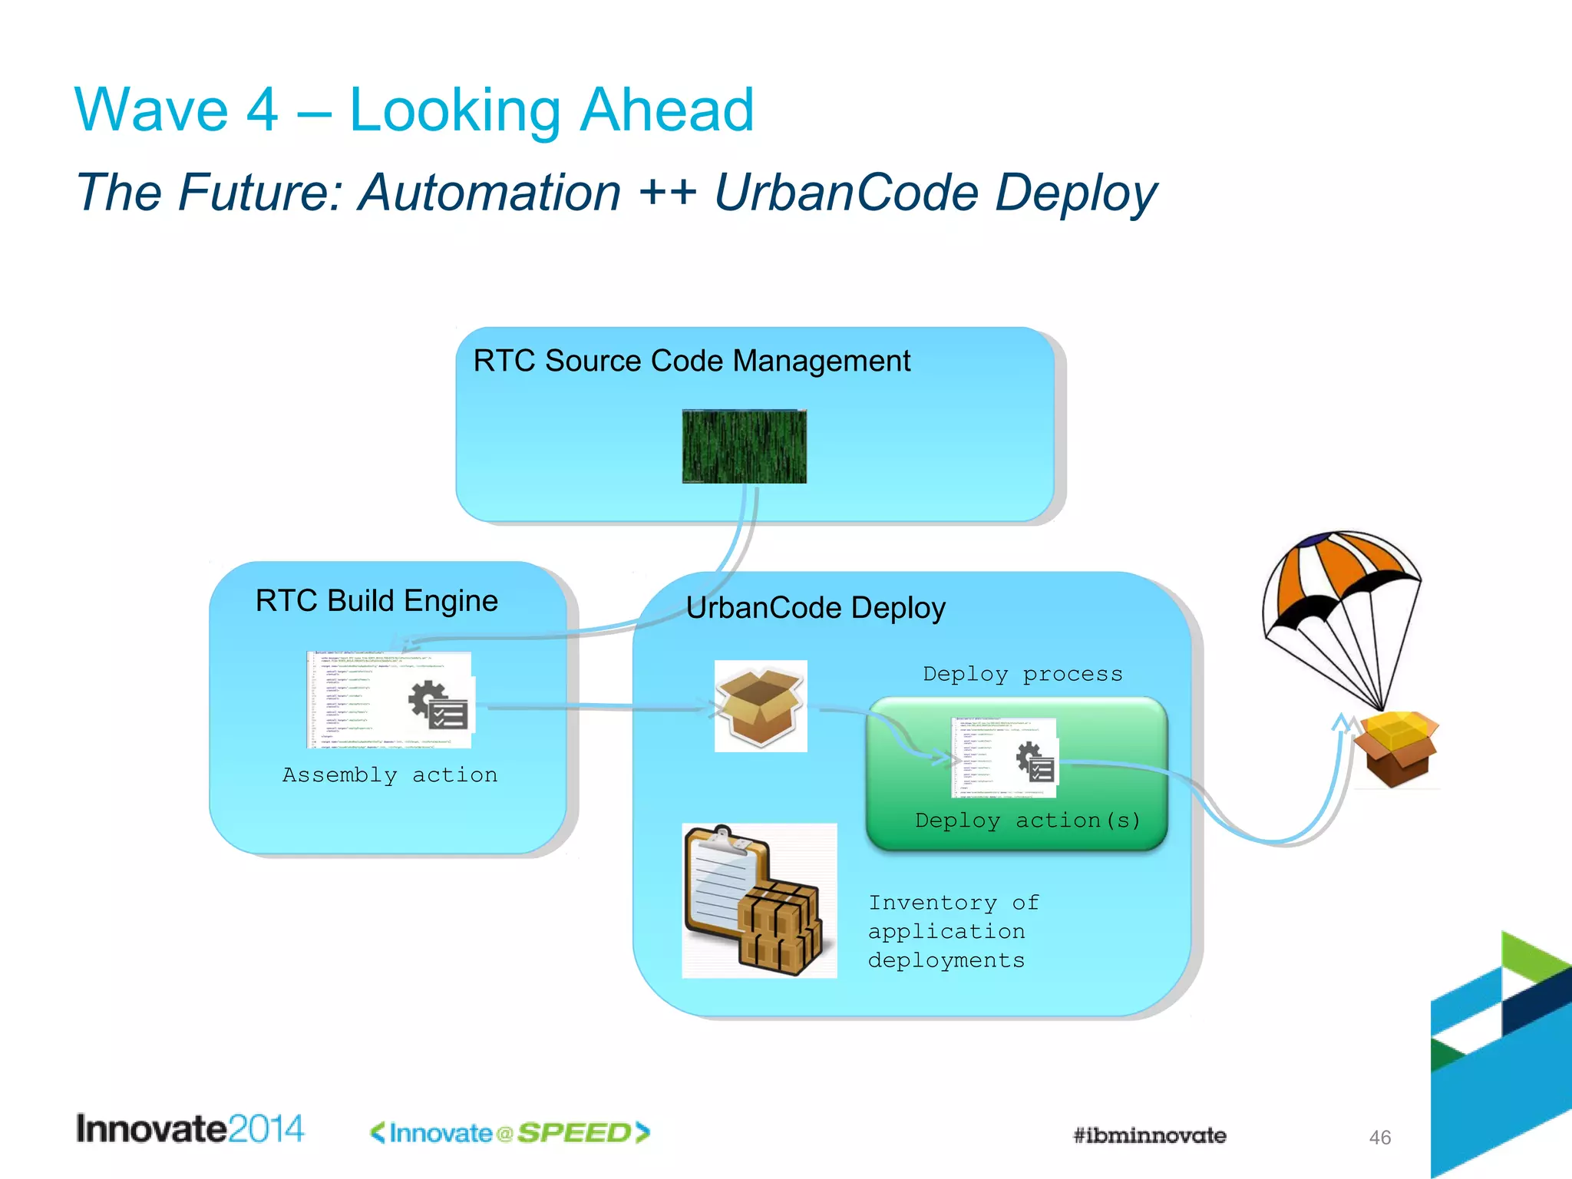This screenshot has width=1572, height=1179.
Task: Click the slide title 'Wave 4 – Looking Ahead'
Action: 414,111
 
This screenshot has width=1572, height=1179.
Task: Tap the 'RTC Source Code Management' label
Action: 691,361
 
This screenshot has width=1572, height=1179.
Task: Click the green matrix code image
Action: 744,446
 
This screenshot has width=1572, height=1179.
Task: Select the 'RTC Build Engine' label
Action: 376,601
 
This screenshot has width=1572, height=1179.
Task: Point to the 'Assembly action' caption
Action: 390,775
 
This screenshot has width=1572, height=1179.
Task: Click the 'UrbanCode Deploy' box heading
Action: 815,608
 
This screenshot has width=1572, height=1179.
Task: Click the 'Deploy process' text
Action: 1022,675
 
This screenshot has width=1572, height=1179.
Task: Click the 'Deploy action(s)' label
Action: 1028,821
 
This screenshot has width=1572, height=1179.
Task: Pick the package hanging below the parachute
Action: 1395,748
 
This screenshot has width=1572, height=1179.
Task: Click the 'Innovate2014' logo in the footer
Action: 190,1129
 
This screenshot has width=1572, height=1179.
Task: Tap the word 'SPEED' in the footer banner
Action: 573,1133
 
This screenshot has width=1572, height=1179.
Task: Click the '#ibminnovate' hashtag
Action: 1149,1136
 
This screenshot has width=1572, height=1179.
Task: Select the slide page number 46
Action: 1379,1138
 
